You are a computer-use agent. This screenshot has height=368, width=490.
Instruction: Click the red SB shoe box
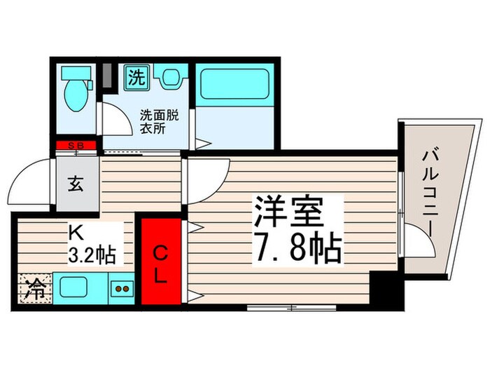77,145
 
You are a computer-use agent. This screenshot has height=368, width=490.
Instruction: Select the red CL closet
161,262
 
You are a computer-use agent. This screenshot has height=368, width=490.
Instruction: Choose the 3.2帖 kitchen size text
91,252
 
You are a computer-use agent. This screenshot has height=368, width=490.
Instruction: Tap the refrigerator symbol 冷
32,289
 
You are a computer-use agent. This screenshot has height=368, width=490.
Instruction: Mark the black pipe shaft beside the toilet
108,75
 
